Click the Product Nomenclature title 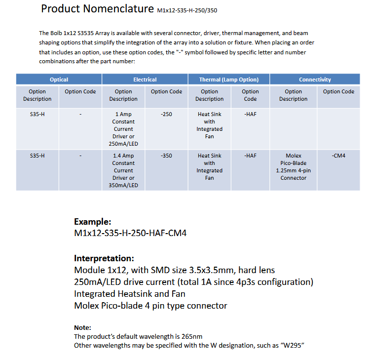point(97,9)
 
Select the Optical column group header point(59,80)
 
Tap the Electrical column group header point(145,80)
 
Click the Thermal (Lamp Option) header point(228,80)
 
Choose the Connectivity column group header point(315,80)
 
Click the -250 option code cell point(166,114)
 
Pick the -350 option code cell point(166,156)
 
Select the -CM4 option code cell point(338,156)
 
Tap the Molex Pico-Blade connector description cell point(293,167)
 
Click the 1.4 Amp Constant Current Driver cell point(123,170)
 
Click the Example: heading point(92,222)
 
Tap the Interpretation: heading point(104,258)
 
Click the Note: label point(82,327)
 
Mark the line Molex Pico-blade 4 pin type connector point(150,306)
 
